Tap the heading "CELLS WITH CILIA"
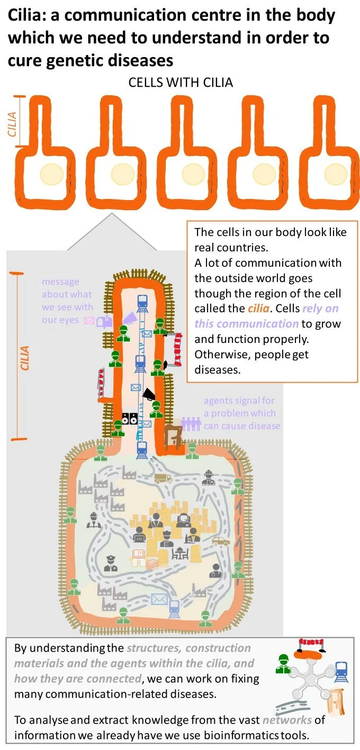[181, 83]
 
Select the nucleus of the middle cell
[193, 174]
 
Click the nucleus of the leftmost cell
[52, 173]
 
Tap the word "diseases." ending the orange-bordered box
[218, 369]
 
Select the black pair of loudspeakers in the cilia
[130, 418]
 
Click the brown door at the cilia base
[173, 438]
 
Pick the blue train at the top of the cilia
[141, 301]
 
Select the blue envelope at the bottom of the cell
[159, 599]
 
